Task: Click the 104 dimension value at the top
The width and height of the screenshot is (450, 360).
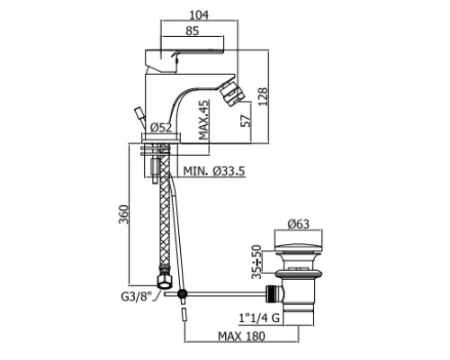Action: click(x=199, y=14)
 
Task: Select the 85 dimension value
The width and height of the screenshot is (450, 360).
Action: click(x=192, y=31)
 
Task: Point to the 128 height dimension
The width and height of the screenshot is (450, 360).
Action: click(x=263, y=96)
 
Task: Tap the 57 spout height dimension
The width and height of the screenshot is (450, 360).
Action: click(x=247, y=121)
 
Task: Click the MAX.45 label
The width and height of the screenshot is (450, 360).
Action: click(x=203, y=120)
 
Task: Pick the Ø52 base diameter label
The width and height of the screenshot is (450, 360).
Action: click(x=161, y=128)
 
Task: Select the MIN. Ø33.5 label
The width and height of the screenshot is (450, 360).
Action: click(x=214, y=171)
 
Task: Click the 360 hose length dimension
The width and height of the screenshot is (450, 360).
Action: click(x=123, y=214)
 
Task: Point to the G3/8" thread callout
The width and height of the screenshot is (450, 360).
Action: click(x=135, y=297)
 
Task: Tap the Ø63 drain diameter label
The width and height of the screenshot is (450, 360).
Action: click(x=298, y=224)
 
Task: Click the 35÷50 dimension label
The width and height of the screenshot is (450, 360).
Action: click(x=256, y=262)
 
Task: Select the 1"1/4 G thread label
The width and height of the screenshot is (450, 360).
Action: click(x=259, y=318)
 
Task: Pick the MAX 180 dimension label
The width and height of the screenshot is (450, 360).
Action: click(x=241, y=336)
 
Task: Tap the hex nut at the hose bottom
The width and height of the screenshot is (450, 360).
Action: click(x=165, y=282)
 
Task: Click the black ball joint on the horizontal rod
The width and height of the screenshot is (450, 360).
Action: click(x=182, y=294)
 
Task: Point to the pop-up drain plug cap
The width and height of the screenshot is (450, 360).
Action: click(x=299, y=249)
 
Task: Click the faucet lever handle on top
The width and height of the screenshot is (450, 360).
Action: click(x=184, y=61)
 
